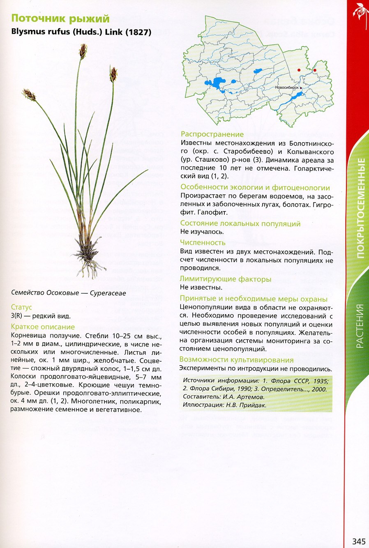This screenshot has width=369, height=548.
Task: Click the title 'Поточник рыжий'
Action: (x=60, y=18)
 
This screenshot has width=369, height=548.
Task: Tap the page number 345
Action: (x=359, y=541)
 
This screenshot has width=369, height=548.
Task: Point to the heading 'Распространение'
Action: (x=212, y=134)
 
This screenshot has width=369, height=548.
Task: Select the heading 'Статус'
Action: (x=21, y=307)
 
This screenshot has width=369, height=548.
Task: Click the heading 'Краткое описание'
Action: (x=43, y=327)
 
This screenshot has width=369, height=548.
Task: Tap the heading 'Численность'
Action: (x=203, y=243)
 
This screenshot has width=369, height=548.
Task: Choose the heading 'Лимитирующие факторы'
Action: (x=226, y=279)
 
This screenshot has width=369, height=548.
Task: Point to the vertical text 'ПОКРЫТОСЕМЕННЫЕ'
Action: (x=360, y=208)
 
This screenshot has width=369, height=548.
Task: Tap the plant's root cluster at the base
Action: (x=90, y=259)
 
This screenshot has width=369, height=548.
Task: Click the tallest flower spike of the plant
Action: (x=83, y=52)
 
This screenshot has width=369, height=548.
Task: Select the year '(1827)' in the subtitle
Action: (x=138, y=32)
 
